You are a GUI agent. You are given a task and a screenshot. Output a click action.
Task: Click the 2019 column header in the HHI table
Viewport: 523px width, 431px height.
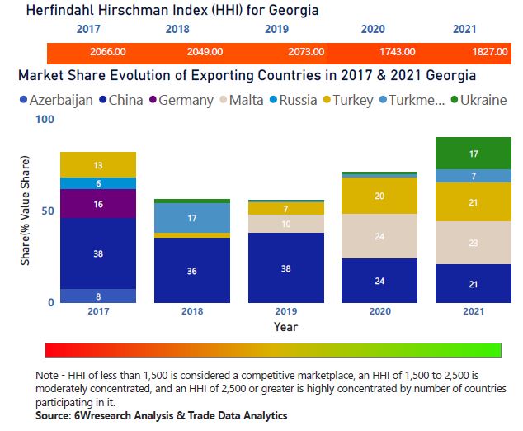point(276,30)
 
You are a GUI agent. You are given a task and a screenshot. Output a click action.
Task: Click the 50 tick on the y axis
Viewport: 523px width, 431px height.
point(47,211)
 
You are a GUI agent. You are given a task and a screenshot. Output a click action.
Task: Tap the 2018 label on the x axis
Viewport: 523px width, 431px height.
point(192,312)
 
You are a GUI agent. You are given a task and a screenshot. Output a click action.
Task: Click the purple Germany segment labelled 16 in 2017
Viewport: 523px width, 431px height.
point(98,203)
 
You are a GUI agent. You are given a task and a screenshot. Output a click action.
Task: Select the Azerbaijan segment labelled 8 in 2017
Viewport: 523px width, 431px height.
point(98,296)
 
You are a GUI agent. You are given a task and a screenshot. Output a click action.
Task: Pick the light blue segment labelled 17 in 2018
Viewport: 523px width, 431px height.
point(192,219)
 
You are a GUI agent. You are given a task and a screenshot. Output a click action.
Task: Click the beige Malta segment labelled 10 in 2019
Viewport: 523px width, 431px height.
point(286,224)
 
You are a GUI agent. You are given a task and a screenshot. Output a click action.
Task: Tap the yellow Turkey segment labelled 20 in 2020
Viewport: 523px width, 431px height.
point(379,196)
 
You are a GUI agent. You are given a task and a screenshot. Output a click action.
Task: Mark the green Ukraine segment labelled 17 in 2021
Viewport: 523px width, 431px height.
point(474,154)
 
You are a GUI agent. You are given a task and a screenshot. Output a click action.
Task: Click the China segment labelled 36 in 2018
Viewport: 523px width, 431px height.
point(192,270)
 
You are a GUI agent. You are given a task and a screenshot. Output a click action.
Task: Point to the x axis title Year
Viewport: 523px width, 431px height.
point(286,327)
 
